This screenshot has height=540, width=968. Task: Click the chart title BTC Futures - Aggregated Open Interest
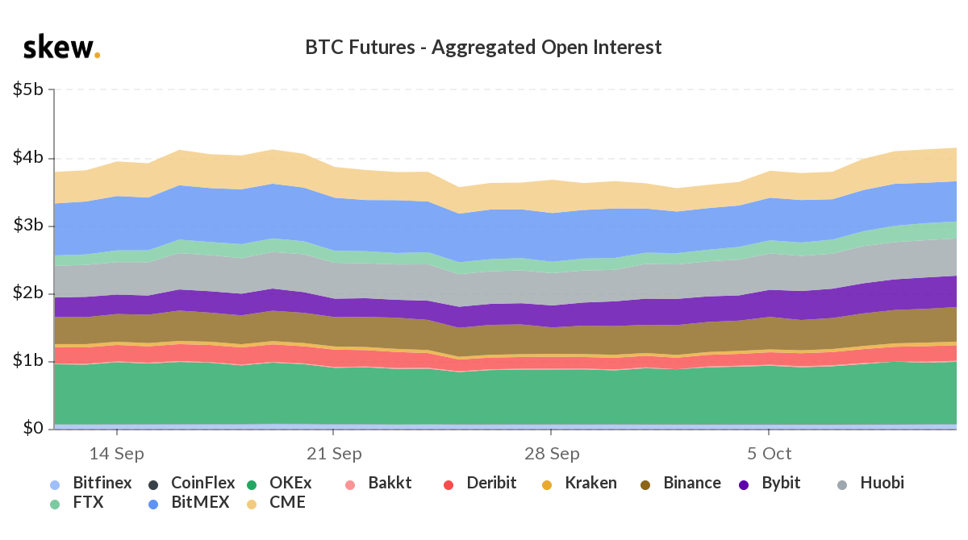point(483,48)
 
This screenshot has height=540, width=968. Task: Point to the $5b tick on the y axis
point(28,89)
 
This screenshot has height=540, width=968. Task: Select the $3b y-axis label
point(28,225)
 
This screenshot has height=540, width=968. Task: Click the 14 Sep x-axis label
point(117,454)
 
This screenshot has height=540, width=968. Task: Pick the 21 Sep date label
point(334,454)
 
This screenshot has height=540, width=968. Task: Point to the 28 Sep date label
point(551,454)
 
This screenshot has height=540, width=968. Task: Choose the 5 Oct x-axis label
point(768,454)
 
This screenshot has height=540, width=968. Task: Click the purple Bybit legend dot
point(745,484)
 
